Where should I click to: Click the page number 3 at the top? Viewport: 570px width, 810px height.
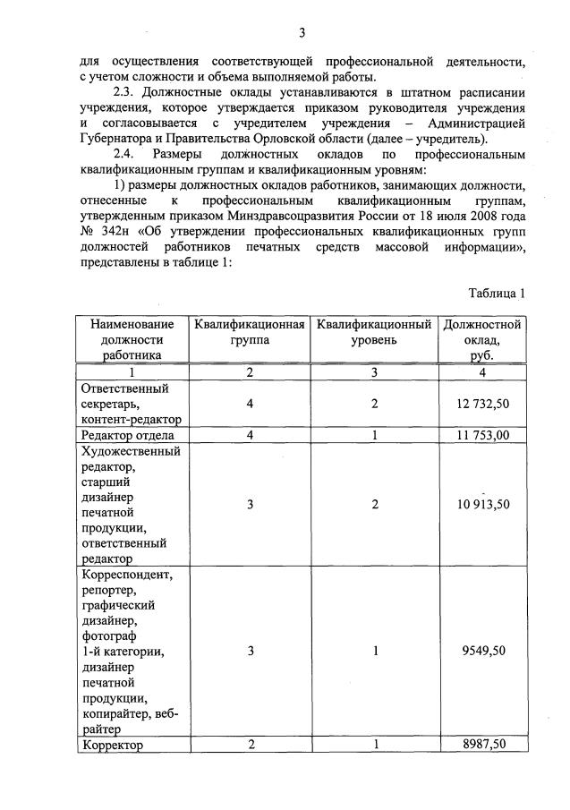(302, 33)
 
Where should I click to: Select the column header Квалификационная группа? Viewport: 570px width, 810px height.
(250, 332)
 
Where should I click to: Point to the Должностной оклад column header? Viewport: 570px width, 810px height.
(482, 339)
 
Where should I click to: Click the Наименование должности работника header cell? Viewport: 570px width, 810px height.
(132, 339)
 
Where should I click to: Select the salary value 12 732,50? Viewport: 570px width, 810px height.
(482, 404)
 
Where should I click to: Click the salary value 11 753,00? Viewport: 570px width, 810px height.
(482, 435)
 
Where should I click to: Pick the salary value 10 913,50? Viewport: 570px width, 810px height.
(482, 504)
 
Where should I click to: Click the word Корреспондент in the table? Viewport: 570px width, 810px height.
(131, 574)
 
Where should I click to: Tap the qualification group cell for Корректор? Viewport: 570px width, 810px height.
(251, 745)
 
